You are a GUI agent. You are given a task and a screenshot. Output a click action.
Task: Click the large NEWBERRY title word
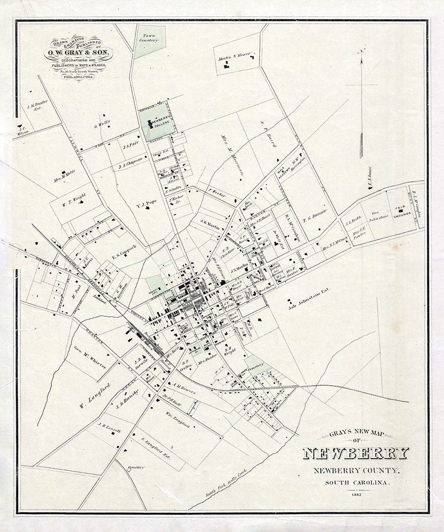pyautogui.click(x=355, y=453)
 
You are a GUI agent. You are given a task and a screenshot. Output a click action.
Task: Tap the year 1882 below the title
pyautogui.click(x=357, y=494)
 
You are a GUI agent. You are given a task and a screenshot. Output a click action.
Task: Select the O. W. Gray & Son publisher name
pyautogui.click(x=78, y=53)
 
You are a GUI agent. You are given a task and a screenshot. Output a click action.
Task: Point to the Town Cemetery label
pyautogui.click(x=150, y=38)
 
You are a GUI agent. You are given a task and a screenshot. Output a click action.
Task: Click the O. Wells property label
pyautogui.click(x=102, y=124)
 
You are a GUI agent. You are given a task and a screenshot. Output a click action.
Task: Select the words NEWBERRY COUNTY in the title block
pyautogui.click(x=356, y=470)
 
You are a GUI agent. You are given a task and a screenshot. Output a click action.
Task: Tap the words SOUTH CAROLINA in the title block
pyautogui.click(x=357, y=482)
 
